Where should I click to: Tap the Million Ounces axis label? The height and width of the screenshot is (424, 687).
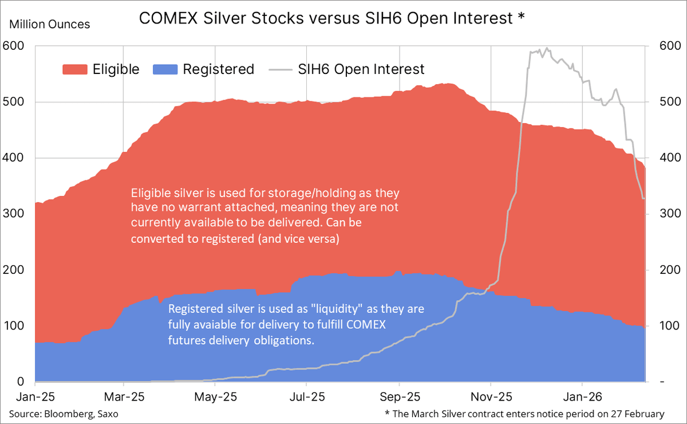[49, 25]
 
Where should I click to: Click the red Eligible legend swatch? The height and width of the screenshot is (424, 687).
[74, 70]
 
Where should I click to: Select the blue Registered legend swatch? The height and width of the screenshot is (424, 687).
[165, 70]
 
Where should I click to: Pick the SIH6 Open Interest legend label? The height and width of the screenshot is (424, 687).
[361, 70]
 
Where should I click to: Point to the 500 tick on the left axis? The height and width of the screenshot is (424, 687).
[12, 102]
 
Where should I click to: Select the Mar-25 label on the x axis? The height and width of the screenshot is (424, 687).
[124, 396]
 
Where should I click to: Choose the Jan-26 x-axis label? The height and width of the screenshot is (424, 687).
[582, 396]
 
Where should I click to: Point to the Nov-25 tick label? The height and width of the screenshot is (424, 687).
[491, 396]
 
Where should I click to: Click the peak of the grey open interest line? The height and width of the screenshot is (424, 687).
[547, 49]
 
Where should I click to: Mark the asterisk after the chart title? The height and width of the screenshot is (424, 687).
[520, 18]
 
